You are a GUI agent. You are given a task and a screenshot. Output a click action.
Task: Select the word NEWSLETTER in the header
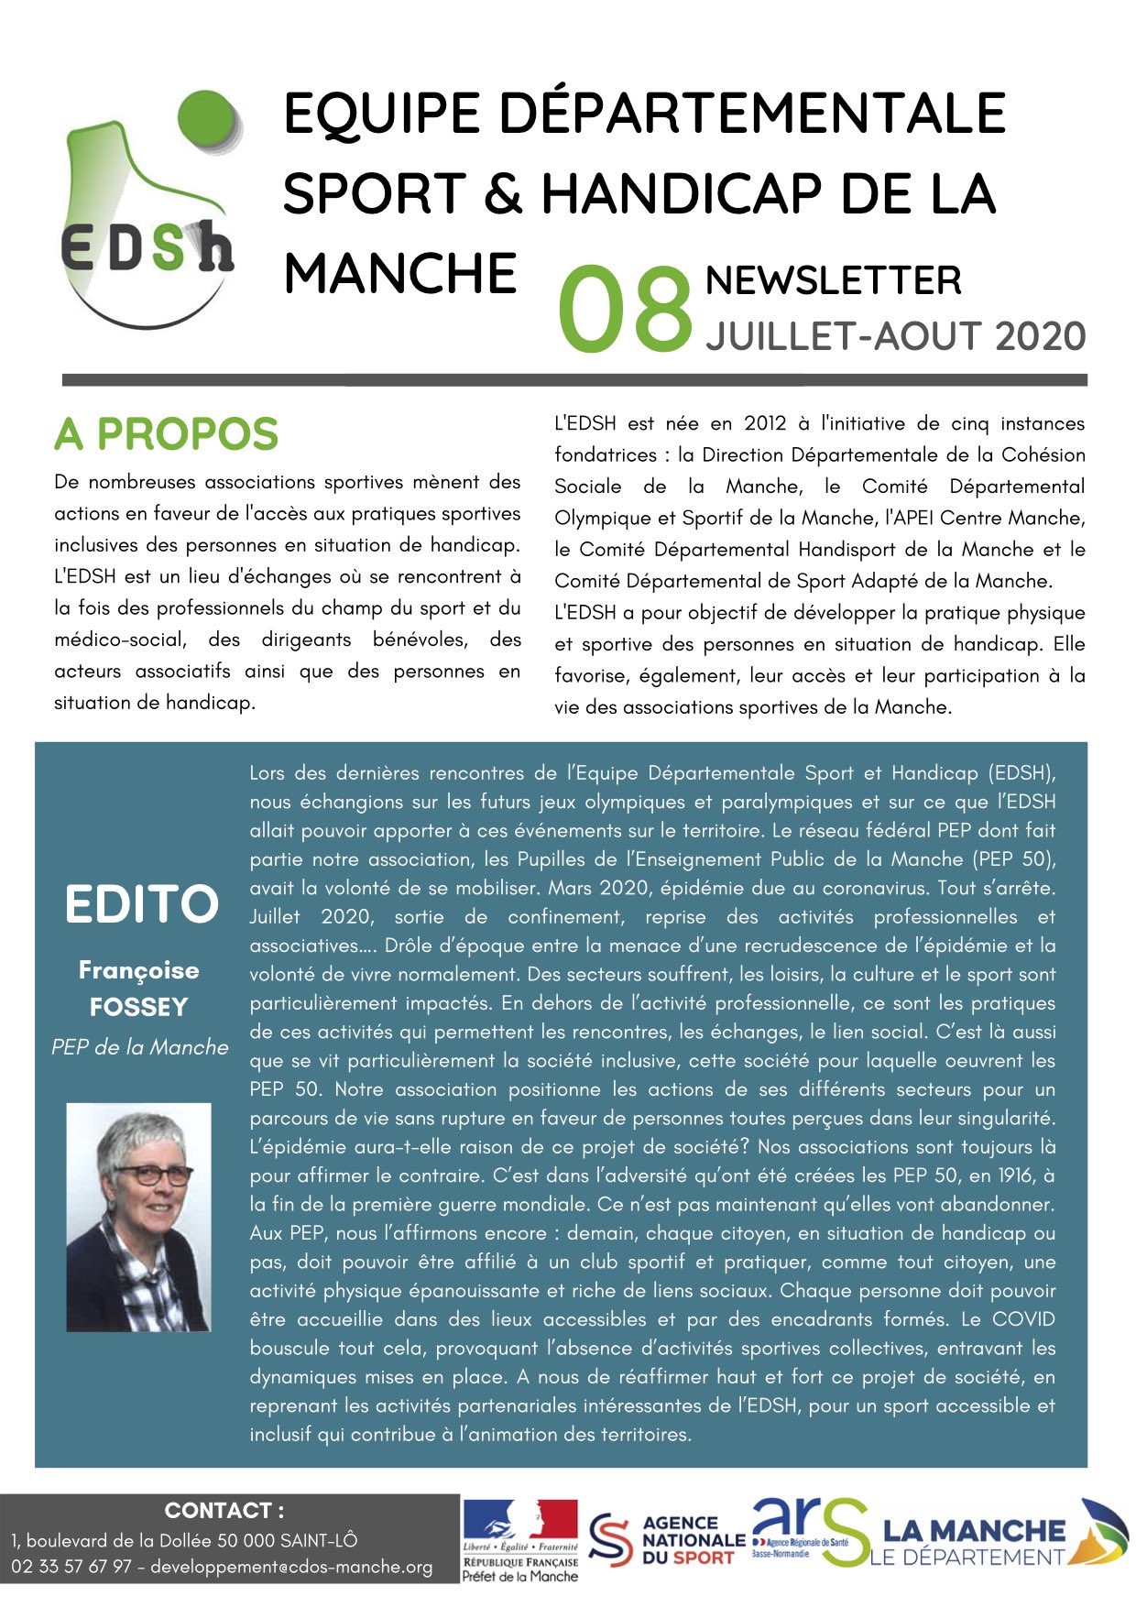[833, 280]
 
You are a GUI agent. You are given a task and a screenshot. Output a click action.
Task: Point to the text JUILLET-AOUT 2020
[895, 336]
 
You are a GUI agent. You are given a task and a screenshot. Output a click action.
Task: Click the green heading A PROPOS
[166, 434]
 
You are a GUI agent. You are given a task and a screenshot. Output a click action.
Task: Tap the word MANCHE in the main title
[400, 273]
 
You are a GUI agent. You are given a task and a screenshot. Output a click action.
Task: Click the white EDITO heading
[141, 905]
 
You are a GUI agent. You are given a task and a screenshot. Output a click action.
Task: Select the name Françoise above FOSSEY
[138, 969]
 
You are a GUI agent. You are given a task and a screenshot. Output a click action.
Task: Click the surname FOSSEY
[138, 1007]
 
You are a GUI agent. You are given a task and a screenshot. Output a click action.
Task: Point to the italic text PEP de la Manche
[139, 1047]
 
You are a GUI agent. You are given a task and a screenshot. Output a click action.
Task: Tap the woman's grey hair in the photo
[137, 1136]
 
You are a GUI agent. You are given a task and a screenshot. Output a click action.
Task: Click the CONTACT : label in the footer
[224, 1510]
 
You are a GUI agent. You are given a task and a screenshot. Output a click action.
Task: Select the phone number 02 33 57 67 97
[71, 1567]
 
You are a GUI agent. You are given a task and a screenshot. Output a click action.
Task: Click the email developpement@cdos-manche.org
[291, 1567]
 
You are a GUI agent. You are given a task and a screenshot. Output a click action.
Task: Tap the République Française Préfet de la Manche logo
[519, 1541]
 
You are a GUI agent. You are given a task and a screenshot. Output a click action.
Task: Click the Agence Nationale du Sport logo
[667, 1540]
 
